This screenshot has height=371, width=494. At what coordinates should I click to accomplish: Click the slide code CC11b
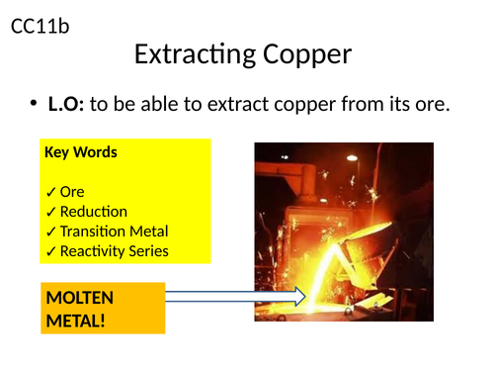pos(40,27)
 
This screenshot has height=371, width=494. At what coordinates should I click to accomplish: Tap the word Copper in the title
pos(302,53)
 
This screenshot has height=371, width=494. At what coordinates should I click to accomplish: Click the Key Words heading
pos(81,152)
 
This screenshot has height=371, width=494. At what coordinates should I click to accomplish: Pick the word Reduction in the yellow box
pos(94,212)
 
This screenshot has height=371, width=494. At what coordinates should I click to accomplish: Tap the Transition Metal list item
pos(114,232)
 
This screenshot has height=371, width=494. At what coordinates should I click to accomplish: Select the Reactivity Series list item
pos(114,251)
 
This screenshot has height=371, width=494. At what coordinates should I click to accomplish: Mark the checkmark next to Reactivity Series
pos(50,251)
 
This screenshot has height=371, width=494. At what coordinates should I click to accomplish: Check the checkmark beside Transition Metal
pos(50,232)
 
